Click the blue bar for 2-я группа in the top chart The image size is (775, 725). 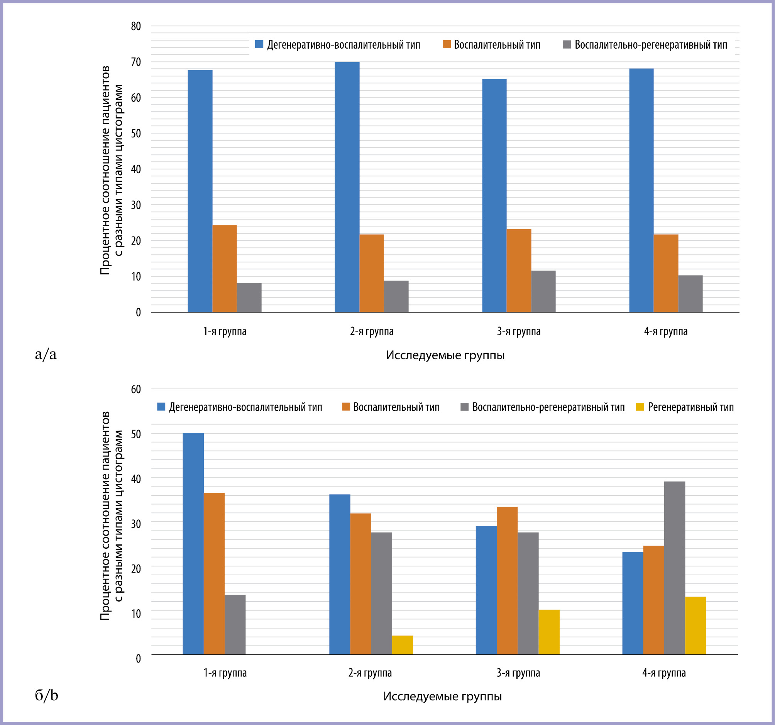click(x=347, y=187)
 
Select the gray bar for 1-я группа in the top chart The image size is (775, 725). click(x=249, y=297)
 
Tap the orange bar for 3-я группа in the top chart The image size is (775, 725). click(x=518, y=270)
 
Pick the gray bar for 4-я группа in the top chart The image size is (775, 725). click(x=690, y=294)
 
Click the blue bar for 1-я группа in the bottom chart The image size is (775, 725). click(x=193, y=544)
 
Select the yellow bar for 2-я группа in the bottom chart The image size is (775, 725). click(x=402, y=645)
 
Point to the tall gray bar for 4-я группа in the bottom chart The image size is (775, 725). click(x=674, y=568)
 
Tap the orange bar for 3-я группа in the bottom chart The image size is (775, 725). click(x=507, y=581)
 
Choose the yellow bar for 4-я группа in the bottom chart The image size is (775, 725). click(x=695, y=626)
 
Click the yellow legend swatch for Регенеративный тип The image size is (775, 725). click(x=640, y=407)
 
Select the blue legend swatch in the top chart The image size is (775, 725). click(x=259, y=44)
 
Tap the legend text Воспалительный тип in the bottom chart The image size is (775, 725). click(x=396, y=407)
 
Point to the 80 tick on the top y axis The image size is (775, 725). click(x=136, y=26)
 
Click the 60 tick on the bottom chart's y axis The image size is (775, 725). click(x=136, y=389)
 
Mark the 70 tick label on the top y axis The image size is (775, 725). click(x=136, y=62)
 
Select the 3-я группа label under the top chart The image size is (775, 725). click(x=518, y=332)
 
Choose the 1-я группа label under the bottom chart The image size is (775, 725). click(x=225, y=673)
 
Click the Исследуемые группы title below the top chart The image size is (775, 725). click(x=445, y=355)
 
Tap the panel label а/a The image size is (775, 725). click(x=46, y=354)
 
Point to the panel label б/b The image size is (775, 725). click(x=46, y=695)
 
